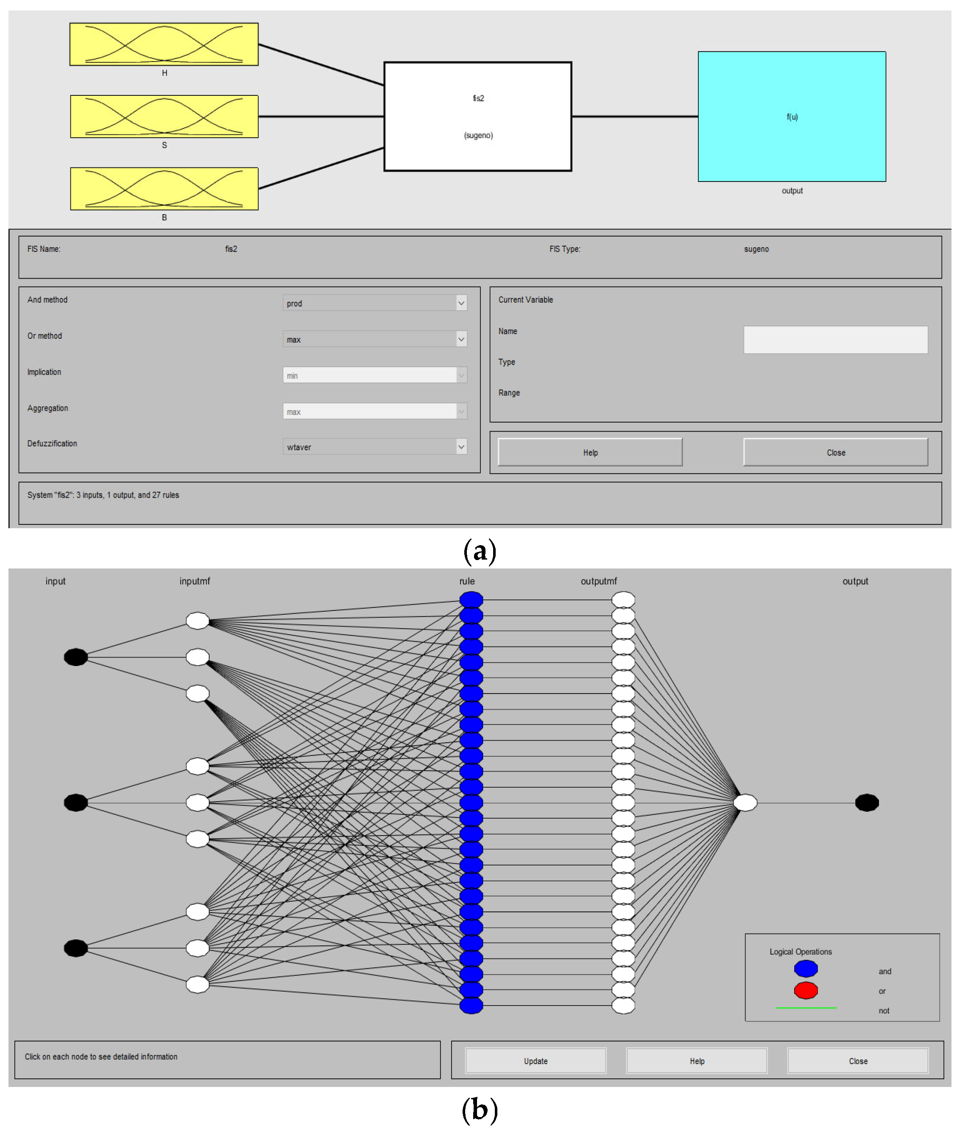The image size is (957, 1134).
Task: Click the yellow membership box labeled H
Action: (x=164, y=44)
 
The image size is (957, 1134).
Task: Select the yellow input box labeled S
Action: (x=164, y=116)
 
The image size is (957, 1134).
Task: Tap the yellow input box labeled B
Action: (x=164, y=188)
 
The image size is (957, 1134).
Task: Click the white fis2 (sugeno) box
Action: (x=477, y=116)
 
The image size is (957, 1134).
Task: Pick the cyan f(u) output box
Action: (x=792, y=116)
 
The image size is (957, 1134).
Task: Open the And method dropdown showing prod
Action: (x=374, y=303)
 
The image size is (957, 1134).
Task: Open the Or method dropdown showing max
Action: (x=374, y=339)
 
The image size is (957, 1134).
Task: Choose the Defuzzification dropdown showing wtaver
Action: (x=374, y=446)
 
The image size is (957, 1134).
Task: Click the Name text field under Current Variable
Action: (x=835, y=340)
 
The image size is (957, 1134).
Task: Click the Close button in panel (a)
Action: (x=835, y=452)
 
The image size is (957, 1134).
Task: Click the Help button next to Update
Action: (x=697, y=1060)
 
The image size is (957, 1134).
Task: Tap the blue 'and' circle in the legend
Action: (x=806, y=968)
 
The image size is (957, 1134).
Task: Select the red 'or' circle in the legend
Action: (x=806, y=990)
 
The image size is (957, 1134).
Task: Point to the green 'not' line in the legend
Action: (x=806, y=1008)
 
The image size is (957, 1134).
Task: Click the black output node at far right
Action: (x=866, y=802)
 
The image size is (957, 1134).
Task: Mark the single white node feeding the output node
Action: (x=745, y=802)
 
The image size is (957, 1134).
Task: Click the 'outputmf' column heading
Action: (x=598, y=581)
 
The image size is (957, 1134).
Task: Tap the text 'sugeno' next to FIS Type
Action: (x=756, y=249)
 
